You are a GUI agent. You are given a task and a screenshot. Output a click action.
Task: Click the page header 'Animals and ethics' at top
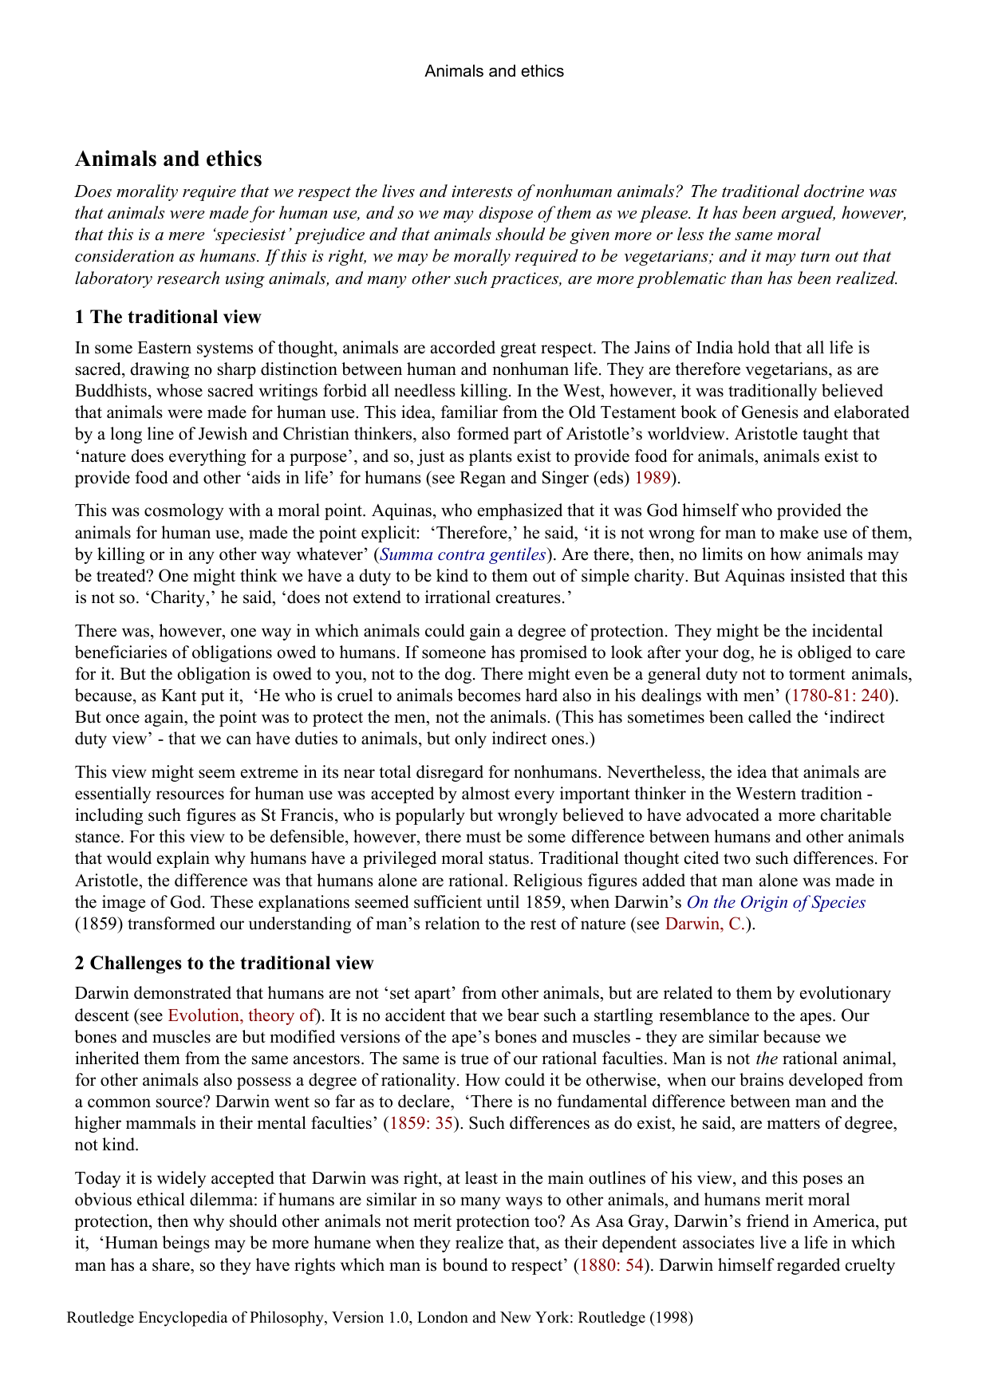tap(494, 71)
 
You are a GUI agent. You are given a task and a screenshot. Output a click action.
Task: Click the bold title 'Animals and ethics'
tap(168, 159)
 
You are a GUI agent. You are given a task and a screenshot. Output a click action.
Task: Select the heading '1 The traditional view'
tap(168, 317)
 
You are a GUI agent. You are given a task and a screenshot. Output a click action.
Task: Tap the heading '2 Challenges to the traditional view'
tap(224, 963)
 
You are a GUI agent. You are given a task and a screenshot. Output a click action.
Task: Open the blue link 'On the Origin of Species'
tap(775, 902)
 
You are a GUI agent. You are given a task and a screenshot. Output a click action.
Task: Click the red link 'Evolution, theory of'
tap(241, 1015)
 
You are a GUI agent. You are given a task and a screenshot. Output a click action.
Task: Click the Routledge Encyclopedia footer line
tap(380, 1317)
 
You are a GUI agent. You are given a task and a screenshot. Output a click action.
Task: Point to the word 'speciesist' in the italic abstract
tap(254, 235)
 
